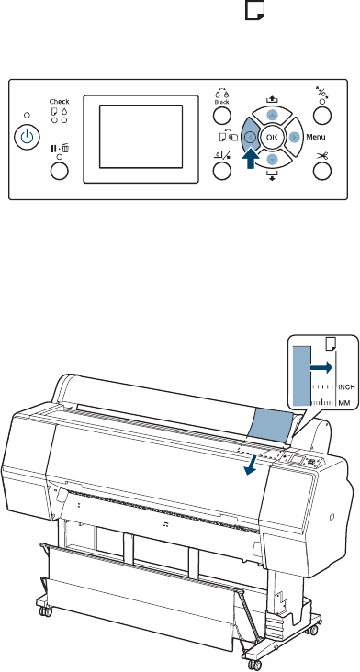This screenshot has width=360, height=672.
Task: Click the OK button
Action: point(272,138)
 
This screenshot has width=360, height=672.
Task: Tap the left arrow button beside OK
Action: point(250,137)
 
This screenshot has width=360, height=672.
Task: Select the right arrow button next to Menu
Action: point(294,137)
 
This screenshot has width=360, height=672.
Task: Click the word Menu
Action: point(315,137)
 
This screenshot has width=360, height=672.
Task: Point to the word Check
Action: point(59,102)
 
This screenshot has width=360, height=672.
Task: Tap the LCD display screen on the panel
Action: point(141,137)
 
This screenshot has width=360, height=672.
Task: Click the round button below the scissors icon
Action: point(321,172)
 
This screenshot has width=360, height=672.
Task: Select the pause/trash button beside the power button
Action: point(59,171)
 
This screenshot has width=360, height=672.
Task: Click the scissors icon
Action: point(321,155)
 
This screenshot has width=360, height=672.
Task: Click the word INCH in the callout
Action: point(347,387)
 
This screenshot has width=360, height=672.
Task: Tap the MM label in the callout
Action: point(343,403)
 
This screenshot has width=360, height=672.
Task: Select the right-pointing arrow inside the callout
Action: point(321,367)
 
